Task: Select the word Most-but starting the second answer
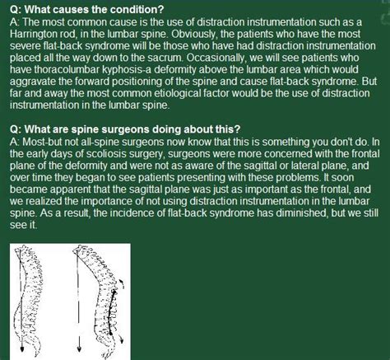(x=38, y=140)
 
